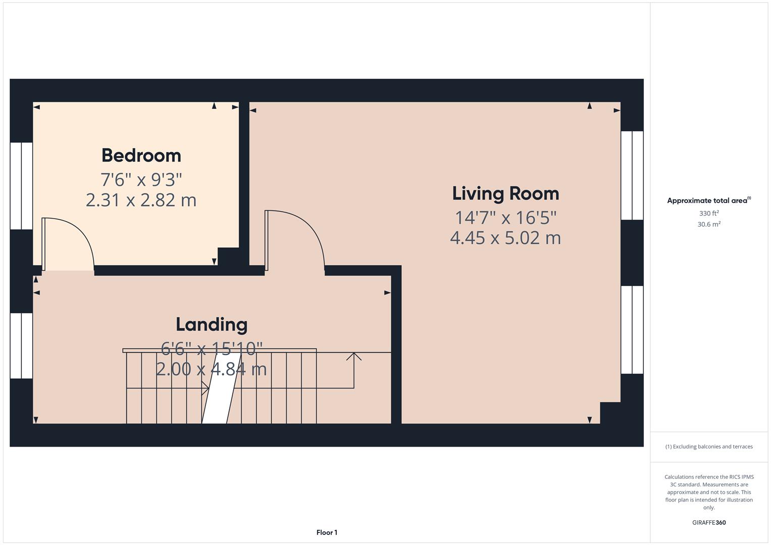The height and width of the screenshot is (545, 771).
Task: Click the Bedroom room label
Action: [x=141, y=155]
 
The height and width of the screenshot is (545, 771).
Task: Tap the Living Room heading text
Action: [x=505, y=193]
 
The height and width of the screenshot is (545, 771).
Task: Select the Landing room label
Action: [x=212, y=325]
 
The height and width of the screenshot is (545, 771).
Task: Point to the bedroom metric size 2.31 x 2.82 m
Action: [x=141, y=200]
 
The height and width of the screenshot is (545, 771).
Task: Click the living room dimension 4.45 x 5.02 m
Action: [x=505, y=238]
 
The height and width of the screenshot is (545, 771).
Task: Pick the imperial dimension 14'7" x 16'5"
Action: [x=505, y=217]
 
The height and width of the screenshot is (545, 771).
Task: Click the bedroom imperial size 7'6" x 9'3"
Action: [x=141, y=180]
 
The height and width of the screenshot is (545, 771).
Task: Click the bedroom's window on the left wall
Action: [x=21, y=186]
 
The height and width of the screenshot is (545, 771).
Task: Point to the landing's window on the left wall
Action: [x=21, y=346]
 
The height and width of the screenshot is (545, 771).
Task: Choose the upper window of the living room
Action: [x=632, y=176]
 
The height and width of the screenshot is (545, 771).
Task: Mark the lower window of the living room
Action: [x=632, y=330]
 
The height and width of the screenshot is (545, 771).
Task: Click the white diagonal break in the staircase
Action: [x=221, y=388]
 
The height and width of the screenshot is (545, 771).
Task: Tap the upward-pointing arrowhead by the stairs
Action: [x=354, y=356]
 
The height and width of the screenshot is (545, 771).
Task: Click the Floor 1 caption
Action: [x=327, y=532]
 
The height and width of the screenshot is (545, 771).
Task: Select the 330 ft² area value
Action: [x=709, y=213]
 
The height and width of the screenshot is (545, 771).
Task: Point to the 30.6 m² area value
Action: [x=709, y=224]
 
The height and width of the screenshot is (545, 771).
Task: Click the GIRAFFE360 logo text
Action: [x=709, y=522]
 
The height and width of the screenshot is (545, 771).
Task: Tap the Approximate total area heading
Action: [x=709, y=200]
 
